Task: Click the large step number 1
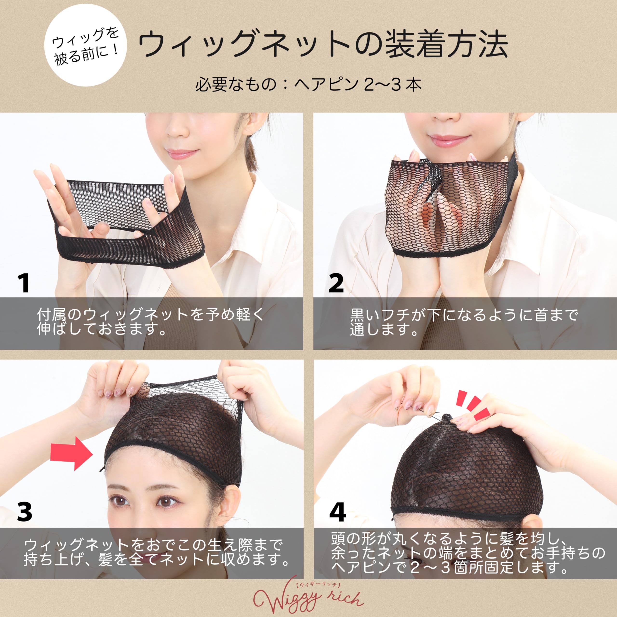tap(24, 283)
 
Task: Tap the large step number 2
tap(336, 283)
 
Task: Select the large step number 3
tap(25, 511)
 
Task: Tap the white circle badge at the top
tap(85, 45)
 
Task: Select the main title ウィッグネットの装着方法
tap(323, 45)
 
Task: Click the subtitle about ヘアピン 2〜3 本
tap(308, 85)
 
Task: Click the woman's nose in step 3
tap(145, 524)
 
